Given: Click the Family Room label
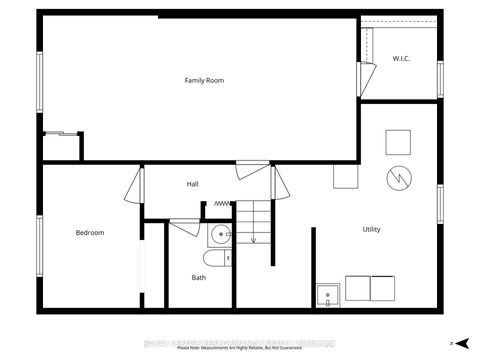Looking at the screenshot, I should tap(201, 79).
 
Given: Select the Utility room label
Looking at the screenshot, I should tap(371, 230).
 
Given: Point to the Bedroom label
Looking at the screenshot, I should tap(90, 233).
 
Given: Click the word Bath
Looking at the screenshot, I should tap(199, 277).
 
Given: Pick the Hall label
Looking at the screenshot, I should tap(193, 184).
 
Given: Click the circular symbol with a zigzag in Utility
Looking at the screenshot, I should tap(397, 178).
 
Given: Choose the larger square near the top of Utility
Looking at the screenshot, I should tap(398, 141).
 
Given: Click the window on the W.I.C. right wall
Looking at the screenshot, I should tap(440, 78).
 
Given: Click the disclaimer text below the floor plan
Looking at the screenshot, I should tap(240, 348).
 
